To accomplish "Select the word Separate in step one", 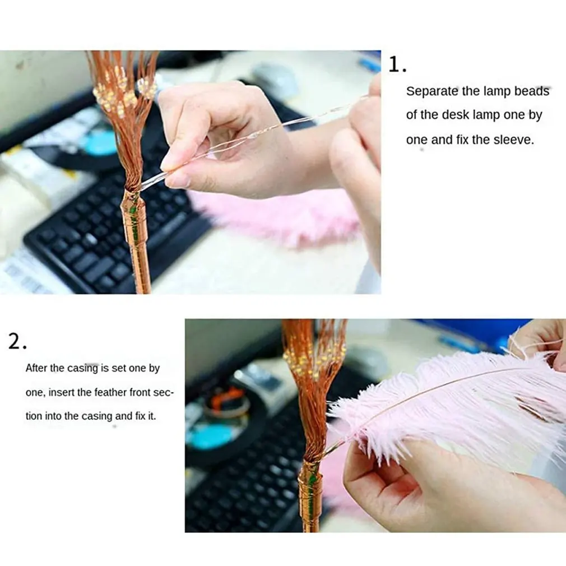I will (432, 91).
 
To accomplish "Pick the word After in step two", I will (37, 368).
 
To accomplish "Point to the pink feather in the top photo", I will (280, 219).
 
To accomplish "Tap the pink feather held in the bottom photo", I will (448, 403).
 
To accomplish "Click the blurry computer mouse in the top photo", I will (275, 78).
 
